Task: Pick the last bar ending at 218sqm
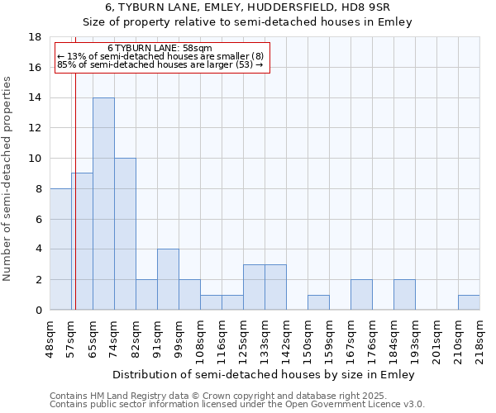click(x=469, y=302)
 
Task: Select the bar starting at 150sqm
click(x=318, y=302)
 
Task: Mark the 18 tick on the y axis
click(x=36, y=37)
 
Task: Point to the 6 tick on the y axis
click(x=38, y=219)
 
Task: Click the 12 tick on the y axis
click(x=36, y=128)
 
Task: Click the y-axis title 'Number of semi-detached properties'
click(x=7, y=178)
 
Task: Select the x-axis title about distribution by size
click(x=264, y=374)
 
